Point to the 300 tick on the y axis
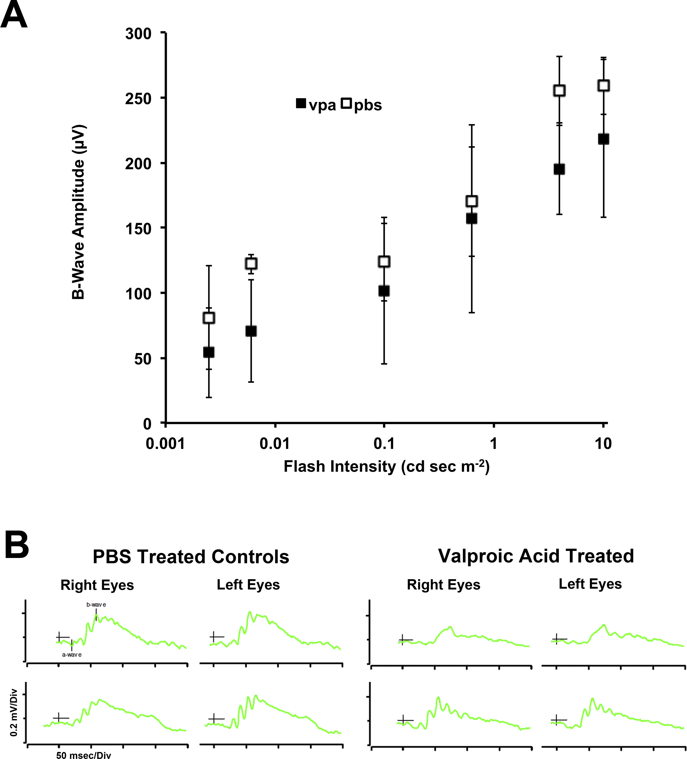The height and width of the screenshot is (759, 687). (x=138, y=34)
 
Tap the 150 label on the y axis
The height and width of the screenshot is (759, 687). (x=138, y=228)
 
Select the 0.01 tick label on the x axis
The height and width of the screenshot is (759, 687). (x=275, y=444)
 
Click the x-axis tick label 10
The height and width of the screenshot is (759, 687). (x=603, y=444)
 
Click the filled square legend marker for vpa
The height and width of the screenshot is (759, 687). (x=301, y=103)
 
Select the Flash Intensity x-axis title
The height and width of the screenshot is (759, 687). (x=386, y=467)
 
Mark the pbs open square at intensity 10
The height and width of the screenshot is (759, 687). (x=603, y=85)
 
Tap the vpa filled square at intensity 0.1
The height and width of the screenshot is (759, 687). (x=384, y=291)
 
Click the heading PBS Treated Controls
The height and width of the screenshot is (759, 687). (x=191, y=557)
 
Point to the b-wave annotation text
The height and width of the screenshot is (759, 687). (x=96, y=605)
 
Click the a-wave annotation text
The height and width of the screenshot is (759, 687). (x=72, y=655)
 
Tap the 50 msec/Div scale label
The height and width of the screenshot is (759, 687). (x=84, y=755)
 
